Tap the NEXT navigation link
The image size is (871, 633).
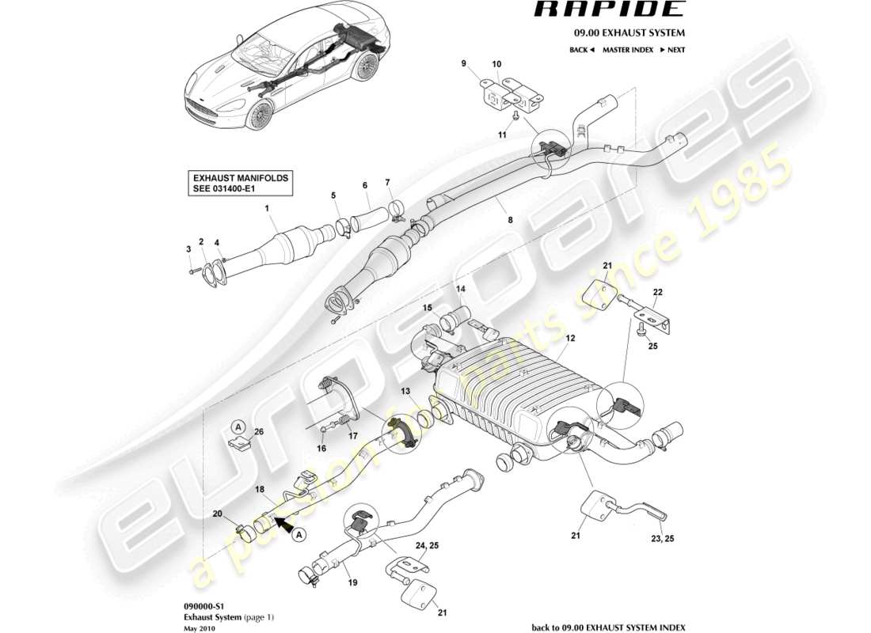671,50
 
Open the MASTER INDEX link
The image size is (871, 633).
627,50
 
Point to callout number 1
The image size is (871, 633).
268,208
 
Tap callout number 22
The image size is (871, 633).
656,292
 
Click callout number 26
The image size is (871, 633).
257,432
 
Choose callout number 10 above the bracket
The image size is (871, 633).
496,63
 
